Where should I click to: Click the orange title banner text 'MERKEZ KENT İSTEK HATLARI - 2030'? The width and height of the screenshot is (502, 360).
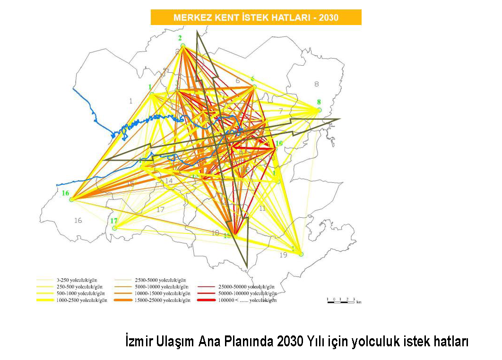(256, 18)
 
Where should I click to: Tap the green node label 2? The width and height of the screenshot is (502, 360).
(180, 38)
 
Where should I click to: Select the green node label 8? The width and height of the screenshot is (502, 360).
(319, 102)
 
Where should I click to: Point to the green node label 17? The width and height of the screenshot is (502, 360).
(114, 221)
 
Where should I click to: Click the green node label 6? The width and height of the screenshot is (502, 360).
(252, 78)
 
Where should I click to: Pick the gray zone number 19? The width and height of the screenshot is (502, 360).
(283, 255)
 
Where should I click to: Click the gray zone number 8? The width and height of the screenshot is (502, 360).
(316, 84)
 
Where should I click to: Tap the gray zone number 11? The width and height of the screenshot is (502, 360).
(262, 208)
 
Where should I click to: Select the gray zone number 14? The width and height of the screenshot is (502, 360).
(169, 181)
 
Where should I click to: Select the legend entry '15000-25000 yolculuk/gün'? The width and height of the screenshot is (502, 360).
(162, 300)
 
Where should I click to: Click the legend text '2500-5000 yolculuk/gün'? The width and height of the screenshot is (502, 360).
(161, 280)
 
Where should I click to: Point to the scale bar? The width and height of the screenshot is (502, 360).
(341, 300)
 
